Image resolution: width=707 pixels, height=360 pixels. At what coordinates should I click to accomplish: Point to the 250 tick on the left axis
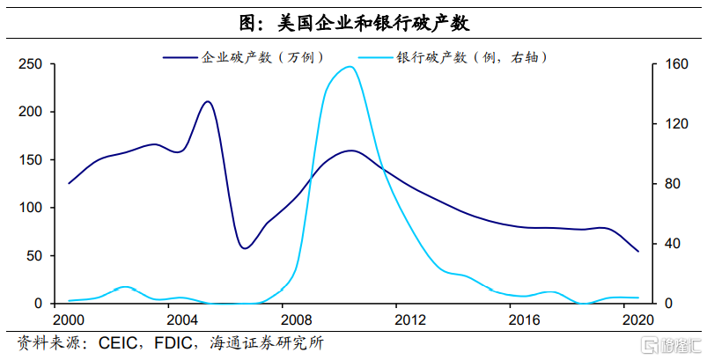point(31,64)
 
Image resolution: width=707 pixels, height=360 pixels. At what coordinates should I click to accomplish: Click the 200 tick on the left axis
point(31,112)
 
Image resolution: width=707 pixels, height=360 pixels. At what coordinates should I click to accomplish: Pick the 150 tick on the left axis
point(31,160)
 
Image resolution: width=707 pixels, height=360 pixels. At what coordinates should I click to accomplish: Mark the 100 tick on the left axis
point(31,208)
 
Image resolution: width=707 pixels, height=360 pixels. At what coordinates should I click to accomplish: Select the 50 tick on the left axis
point(34,256)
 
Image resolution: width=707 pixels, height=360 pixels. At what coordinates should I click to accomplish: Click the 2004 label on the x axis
point(182,319)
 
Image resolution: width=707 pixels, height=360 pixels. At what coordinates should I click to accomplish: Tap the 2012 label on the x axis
point(409,319)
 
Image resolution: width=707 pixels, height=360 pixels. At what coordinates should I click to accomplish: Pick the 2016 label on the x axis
point(523,319)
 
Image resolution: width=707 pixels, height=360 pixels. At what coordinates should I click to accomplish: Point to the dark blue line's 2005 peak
point(208,101)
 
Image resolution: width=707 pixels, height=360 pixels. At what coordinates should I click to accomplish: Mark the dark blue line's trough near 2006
point(245,248)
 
